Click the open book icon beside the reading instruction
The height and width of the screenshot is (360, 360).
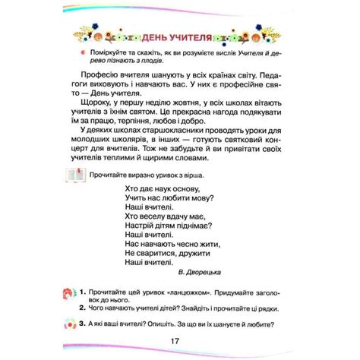click(x=77, y=176)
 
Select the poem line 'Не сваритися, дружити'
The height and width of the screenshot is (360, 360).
click(x=167, y=250)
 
